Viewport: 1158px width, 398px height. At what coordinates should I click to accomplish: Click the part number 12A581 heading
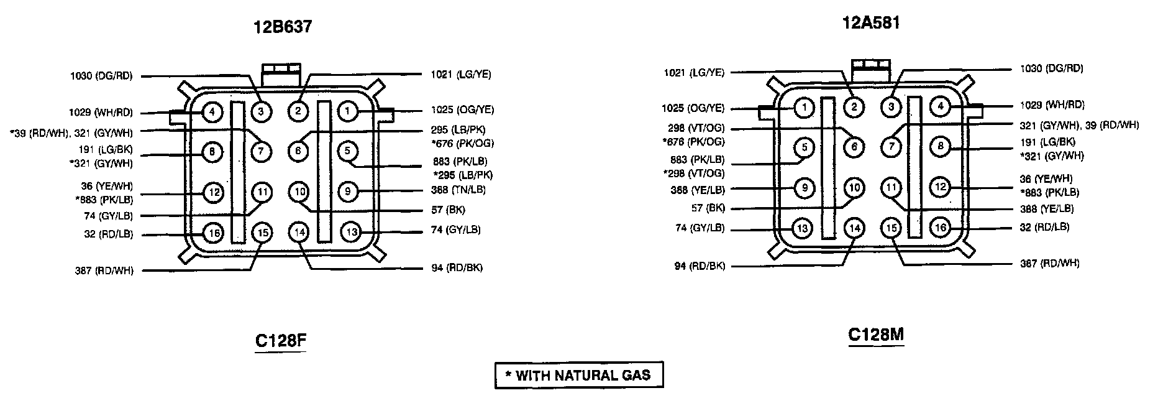coord(870,24)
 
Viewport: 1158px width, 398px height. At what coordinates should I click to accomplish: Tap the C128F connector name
coord(281,341)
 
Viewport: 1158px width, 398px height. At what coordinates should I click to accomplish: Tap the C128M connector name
coord(876,335)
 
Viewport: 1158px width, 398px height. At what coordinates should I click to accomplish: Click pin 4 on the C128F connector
coord(212,113)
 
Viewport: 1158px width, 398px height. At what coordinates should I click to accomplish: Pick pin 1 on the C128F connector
coord(348,111)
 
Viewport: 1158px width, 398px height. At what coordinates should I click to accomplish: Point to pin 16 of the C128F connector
coord(213,234)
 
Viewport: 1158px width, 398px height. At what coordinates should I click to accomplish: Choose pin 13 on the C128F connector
coord(351,233)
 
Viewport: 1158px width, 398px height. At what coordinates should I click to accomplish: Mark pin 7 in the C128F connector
coord(262,150)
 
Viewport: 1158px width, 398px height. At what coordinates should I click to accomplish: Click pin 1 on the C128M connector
coord(804,108)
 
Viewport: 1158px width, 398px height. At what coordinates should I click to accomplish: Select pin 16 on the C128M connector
coord(941,228)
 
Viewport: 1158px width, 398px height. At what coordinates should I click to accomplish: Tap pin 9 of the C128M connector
coord(804,187)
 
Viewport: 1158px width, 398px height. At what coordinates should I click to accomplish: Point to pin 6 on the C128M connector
coord(854,147)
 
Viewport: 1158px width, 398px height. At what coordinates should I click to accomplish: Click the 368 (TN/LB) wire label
coord(458,190)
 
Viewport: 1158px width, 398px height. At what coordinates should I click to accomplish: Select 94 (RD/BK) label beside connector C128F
coord(457,268)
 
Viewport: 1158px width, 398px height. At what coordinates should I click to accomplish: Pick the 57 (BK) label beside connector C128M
coord(708,208)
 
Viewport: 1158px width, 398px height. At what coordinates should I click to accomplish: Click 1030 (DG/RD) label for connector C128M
coord(1051,69)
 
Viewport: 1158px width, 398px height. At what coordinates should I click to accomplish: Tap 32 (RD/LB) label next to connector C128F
coord(109,234)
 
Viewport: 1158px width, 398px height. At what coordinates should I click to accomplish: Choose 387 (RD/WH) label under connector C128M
coord(1049,264)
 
